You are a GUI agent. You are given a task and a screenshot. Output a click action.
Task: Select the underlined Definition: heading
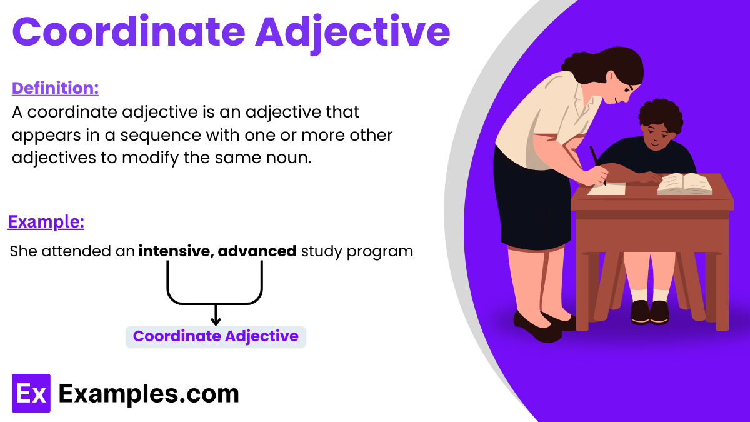pos(55,88)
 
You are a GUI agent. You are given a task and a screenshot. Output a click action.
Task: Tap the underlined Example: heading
pos(46,222)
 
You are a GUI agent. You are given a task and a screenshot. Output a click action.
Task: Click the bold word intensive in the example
pos(174,251)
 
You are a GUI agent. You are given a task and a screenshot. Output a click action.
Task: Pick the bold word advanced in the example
pos(257,251)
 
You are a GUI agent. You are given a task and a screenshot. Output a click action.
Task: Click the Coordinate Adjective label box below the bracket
pos(216,336)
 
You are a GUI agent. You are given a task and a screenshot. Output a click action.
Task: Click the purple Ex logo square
pos(31,393)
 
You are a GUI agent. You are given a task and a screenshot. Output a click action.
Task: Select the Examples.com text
pos(149,394)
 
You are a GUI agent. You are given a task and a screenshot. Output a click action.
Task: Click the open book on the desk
pos(685,183)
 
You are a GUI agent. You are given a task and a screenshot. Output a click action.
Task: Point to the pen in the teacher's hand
pos(597,164)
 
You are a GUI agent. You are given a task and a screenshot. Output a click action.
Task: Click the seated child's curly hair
pos(660,114)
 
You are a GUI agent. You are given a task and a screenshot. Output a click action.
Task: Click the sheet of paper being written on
pos(606,188)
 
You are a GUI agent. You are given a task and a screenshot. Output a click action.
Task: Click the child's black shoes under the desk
pos(649,312)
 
